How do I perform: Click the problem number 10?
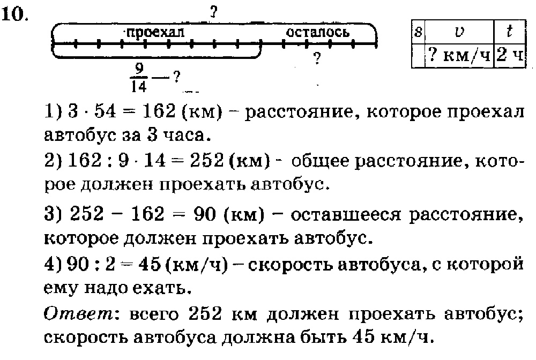(14, 14)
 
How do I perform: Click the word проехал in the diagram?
(155, 33)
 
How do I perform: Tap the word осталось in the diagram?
(317, 32)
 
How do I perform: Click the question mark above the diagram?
(214, 13)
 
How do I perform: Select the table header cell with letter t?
(509, 31)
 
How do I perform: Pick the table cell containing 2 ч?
(510, 55)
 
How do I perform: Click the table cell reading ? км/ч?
(459, 55)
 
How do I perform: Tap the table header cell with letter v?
(459, 31)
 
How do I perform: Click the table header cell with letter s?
(418, 31)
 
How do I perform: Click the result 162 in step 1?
(159, 111)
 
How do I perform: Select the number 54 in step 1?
(105, 111)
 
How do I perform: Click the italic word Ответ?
(78, 313)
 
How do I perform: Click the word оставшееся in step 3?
(345, 215)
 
